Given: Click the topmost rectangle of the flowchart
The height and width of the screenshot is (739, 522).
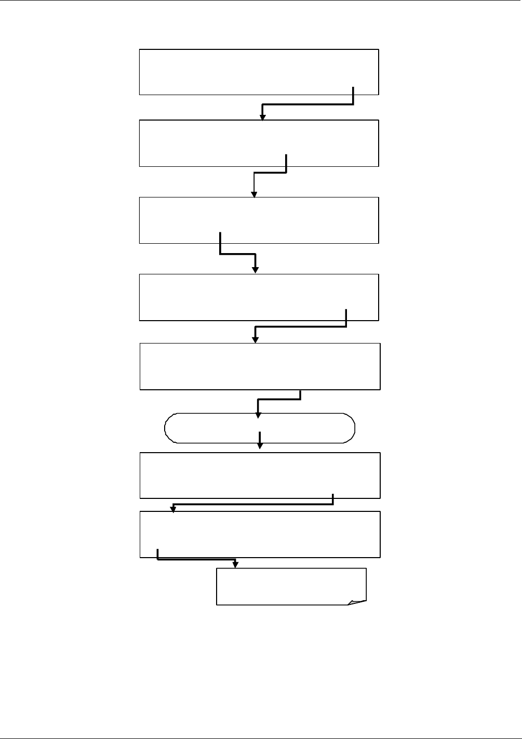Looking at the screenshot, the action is (x=259, y=72).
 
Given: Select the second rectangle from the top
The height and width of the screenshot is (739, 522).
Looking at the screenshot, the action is (x=259, y=143).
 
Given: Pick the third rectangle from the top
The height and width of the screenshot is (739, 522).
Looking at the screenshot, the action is (x=259, y=220).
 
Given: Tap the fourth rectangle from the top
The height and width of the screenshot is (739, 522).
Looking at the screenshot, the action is (x=259, y=297).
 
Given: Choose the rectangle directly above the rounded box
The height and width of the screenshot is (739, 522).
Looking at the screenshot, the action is (x=260, y=366).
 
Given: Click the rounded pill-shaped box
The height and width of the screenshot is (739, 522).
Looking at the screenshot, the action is (x=260, y=428).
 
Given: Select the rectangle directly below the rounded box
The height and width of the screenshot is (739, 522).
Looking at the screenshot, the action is (x=260, y=476).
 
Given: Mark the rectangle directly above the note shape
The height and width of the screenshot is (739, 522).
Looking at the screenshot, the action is (x=260, y=534).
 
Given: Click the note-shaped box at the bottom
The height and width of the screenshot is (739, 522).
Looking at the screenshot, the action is (x=291, y=586).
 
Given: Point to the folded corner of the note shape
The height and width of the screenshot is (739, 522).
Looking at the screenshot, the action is (x=357, y=602).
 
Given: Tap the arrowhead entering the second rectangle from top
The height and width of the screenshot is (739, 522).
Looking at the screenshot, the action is (x=263, y=117).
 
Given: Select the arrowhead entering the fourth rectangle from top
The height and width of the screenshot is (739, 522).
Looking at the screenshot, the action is (x=255, y=269).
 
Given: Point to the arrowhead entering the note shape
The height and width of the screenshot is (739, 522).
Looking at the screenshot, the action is (x=236, y=564).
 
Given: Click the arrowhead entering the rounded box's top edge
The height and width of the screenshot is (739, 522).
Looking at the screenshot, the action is (x=258, y=414).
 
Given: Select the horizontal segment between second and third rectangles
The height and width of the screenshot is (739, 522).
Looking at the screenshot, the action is (x=270, y=173).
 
